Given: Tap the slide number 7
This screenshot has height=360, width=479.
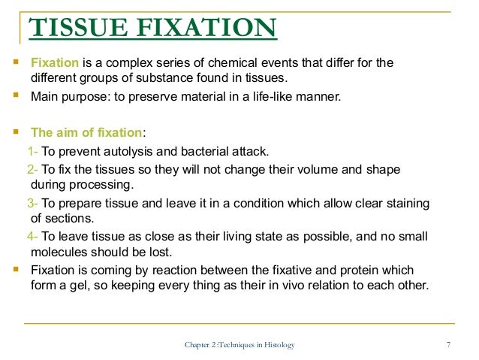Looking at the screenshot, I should coord(447,345).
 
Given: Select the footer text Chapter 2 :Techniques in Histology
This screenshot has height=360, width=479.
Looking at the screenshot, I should coord(239,345).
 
